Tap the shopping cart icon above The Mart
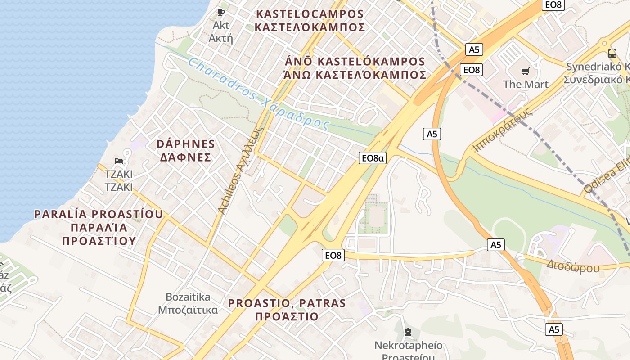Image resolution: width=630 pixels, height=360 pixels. [525, 71]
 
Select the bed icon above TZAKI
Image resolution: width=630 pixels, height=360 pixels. [119, 161]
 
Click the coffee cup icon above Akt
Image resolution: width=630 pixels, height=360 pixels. [220, 12]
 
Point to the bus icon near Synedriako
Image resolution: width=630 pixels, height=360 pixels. [612, 53]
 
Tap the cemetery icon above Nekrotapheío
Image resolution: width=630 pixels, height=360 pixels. [408, 333]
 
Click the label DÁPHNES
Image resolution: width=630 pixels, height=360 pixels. [186, 144]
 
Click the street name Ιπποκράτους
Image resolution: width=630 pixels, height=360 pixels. [503, 130]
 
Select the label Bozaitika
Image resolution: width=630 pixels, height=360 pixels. [188, 297]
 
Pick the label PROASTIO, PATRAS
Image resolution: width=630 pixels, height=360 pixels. [287, 303]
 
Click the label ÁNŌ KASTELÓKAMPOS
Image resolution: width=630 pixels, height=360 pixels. [355, 61]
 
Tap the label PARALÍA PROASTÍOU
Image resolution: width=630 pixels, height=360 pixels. [99, 214]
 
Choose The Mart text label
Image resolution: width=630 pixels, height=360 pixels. [526, 84]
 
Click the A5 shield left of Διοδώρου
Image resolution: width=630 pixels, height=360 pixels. [495, 245]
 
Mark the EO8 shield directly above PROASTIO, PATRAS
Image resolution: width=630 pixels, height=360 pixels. [333, 255]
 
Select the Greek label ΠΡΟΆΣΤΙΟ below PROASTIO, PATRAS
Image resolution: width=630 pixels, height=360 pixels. [287, 316]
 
